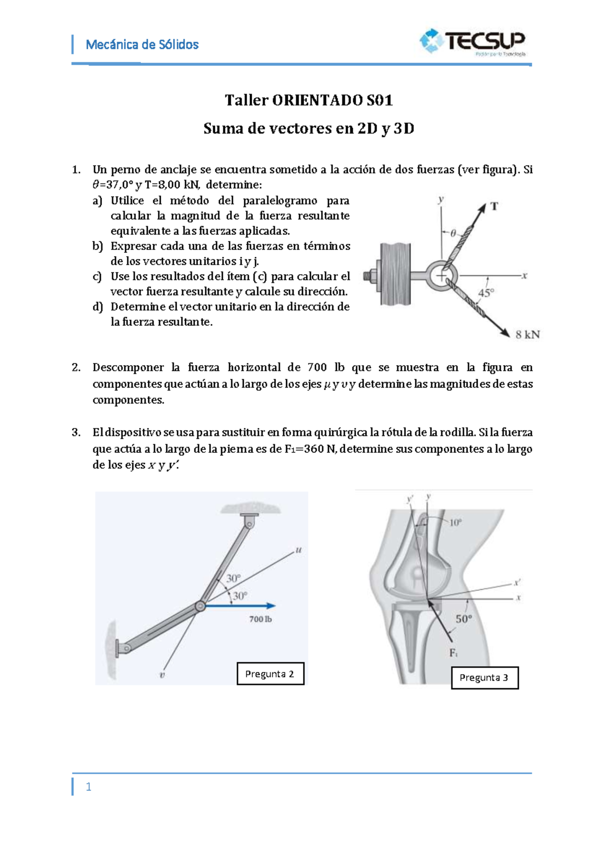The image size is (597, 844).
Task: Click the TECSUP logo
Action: coord(473,41)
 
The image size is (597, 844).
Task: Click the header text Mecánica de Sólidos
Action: coord(142,45)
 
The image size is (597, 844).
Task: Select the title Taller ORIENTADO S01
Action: coord(308,100)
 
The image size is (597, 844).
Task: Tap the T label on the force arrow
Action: coord(494,206)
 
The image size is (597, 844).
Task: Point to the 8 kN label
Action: coord(527,334)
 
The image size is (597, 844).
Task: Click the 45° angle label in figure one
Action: coord(486,293)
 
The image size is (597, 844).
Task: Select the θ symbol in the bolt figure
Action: coord(453,233)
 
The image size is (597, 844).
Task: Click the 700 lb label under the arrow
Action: coord(260,619)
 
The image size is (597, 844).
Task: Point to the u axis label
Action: coord(298,550)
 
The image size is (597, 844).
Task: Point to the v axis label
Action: coord(162,675)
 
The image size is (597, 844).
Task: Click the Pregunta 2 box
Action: coord(270,674)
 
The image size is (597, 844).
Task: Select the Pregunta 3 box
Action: coord(485,678)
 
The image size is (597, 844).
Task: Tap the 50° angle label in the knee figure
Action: coord(464,619)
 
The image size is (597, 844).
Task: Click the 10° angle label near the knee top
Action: coord(455,523)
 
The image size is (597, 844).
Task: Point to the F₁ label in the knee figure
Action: coord(453,653)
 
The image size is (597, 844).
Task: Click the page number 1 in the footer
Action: coord(89,787)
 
